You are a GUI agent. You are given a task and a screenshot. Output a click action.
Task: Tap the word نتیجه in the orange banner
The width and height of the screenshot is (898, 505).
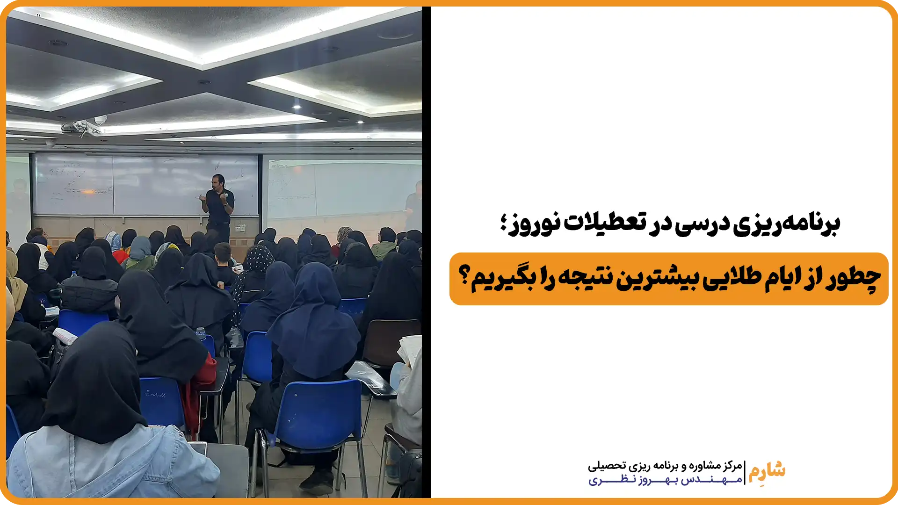[x=584, y=279]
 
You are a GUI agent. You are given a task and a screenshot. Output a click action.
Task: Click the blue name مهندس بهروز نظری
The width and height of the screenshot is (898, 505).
[x=665, y=480]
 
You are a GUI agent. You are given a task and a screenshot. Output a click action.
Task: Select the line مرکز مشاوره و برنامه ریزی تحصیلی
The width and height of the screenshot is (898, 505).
[x=665, y=466]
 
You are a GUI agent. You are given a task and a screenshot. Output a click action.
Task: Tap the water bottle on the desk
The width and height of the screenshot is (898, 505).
[x=201, y=334]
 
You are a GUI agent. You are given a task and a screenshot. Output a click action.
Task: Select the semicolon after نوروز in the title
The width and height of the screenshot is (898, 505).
[x=503, y=224]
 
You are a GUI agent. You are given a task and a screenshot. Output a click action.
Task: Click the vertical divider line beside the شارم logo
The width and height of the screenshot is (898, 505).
[x=745, y=473]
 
